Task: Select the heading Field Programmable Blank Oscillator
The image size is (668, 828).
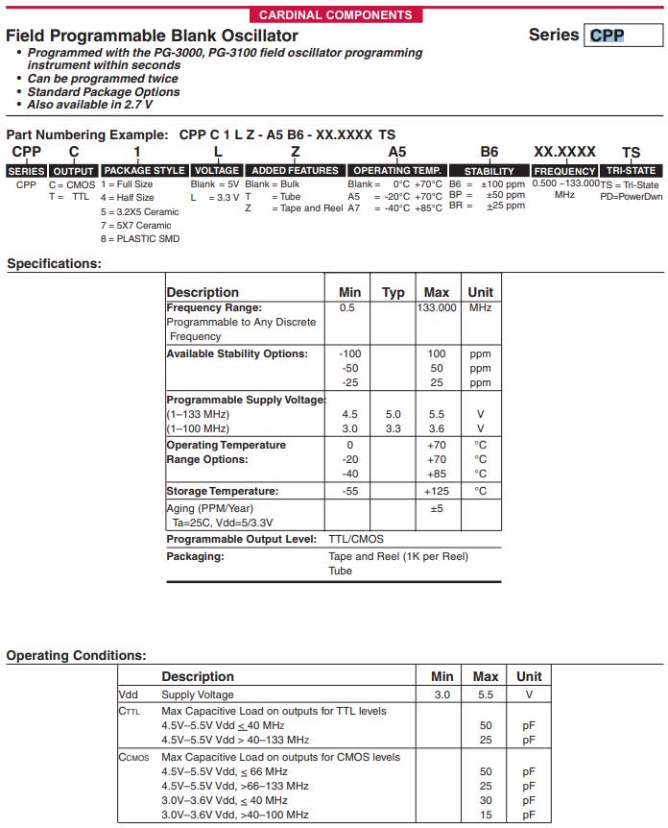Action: tap(152, 36)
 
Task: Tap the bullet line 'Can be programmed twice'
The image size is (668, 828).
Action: tap(103, 79)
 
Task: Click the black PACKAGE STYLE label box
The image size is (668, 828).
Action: tap(144, 170)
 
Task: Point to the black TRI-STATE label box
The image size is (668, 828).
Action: tap(631, 170)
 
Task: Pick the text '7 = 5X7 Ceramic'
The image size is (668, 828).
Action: tap(136, 225)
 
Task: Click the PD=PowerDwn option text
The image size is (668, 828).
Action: tap(631, 196)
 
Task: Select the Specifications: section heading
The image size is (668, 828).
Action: tap(54, 263)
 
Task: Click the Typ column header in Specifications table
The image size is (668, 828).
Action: tap(394, 292)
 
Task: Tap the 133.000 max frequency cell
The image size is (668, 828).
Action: tap(437, 307)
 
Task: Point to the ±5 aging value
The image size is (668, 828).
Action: tap(437, 508)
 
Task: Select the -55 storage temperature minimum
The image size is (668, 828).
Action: tap(350, 491)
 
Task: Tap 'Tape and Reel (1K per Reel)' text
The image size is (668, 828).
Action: tap(398, 556)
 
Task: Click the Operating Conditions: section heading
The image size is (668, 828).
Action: tap(77, 655)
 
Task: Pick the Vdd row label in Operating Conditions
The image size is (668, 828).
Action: tap(129, 694)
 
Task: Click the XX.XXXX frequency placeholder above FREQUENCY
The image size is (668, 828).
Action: tap(564, 152)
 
